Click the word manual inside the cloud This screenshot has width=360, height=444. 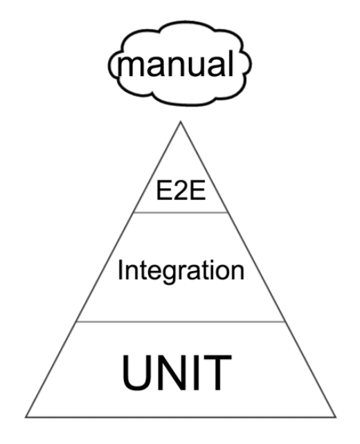(176, 64)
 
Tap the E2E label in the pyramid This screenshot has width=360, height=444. (181, 191)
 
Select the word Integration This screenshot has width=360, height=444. (181, 270)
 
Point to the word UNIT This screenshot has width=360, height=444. (177, 372)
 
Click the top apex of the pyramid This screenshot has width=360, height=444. (181, 122)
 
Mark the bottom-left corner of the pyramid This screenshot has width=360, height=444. (26, 417)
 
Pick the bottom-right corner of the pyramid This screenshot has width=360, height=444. (336, 417)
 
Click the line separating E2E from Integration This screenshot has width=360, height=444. (181, 212)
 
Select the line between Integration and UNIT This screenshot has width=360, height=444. (181, 322)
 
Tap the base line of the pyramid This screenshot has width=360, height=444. (181, 417)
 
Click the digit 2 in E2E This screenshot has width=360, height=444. (181, 191)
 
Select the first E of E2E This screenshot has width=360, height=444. (164, 191)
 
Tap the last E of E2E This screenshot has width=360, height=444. (198, 191)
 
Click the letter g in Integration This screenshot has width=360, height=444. (165, 274)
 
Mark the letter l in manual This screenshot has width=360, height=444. (231, 64)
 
